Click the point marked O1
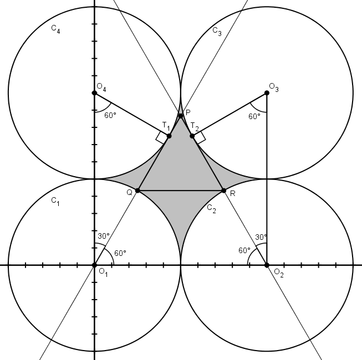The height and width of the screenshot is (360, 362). pos(94,265)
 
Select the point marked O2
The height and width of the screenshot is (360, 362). pos(267,265)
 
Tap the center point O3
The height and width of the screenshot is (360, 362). pos(267,93)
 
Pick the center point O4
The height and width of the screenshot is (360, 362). pos(94,93)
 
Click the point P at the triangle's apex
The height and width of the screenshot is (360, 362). pos(181,116)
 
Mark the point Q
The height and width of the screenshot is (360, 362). pos(137,191)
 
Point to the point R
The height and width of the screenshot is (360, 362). pos(224,191)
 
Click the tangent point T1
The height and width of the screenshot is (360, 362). pos(169,136)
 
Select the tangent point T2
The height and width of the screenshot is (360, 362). pos(192,136)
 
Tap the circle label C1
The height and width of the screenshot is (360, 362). pos(55,202)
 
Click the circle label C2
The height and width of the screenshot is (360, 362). pos(211,209)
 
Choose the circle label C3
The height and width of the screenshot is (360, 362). pos(217,32)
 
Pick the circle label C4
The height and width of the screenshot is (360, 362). pos(55,29)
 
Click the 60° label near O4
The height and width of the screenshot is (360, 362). pos(110,115)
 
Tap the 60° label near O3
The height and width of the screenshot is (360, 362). pos(254,116)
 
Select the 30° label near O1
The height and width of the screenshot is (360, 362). pos(104,236)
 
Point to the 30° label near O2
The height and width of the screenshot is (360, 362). pos(261,237)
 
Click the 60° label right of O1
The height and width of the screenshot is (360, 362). pos(120,253)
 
